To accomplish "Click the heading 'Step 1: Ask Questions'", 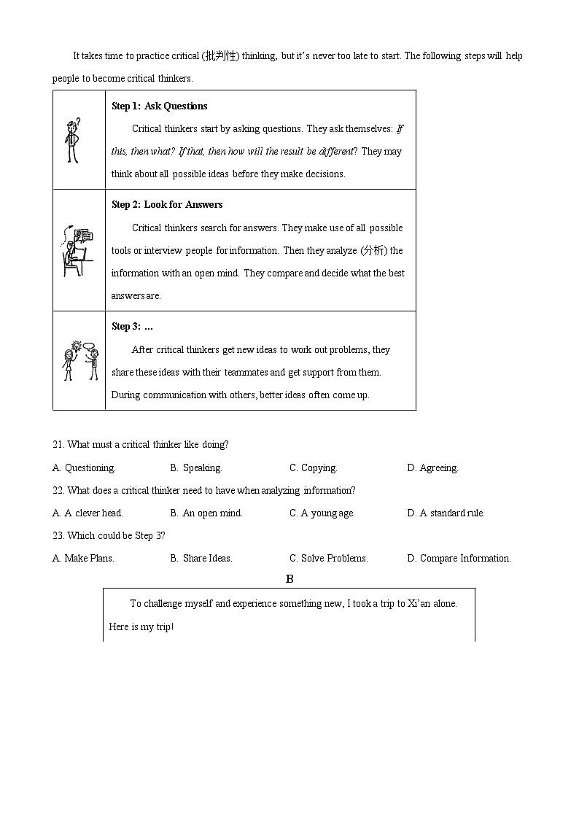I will coord(159,106).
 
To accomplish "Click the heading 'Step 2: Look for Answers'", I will coord(167,204).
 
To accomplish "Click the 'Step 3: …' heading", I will coord(132,326).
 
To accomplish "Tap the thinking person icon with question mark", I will coord(72,140).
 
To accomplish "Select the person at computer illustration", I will coord(77,250).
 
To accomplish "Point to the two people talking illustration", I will coord(79,360).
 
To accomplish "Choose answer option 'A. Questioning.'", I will coord(84,467).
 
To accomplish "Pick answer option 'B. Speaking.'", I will coord(195,467).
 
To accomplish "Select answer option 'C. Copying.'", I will coord(313,467).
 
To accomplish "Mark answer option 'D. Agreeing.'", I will coord(432,467).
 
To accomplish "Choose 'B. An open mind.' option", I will coord(206,513).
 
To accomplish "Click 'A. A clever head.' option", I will coord(88,513).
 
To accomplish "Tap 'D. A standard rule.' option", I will coord(446,513).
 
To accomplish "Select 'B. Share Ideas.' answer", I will coord(201,558).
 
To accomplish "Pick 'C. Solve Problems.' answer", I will coord(328,558).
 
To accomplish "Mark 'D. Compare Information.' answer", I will coord(459,558).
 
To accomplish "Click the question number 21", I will coord(58,444).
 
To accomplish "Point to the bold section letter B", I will coord(289,579).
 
